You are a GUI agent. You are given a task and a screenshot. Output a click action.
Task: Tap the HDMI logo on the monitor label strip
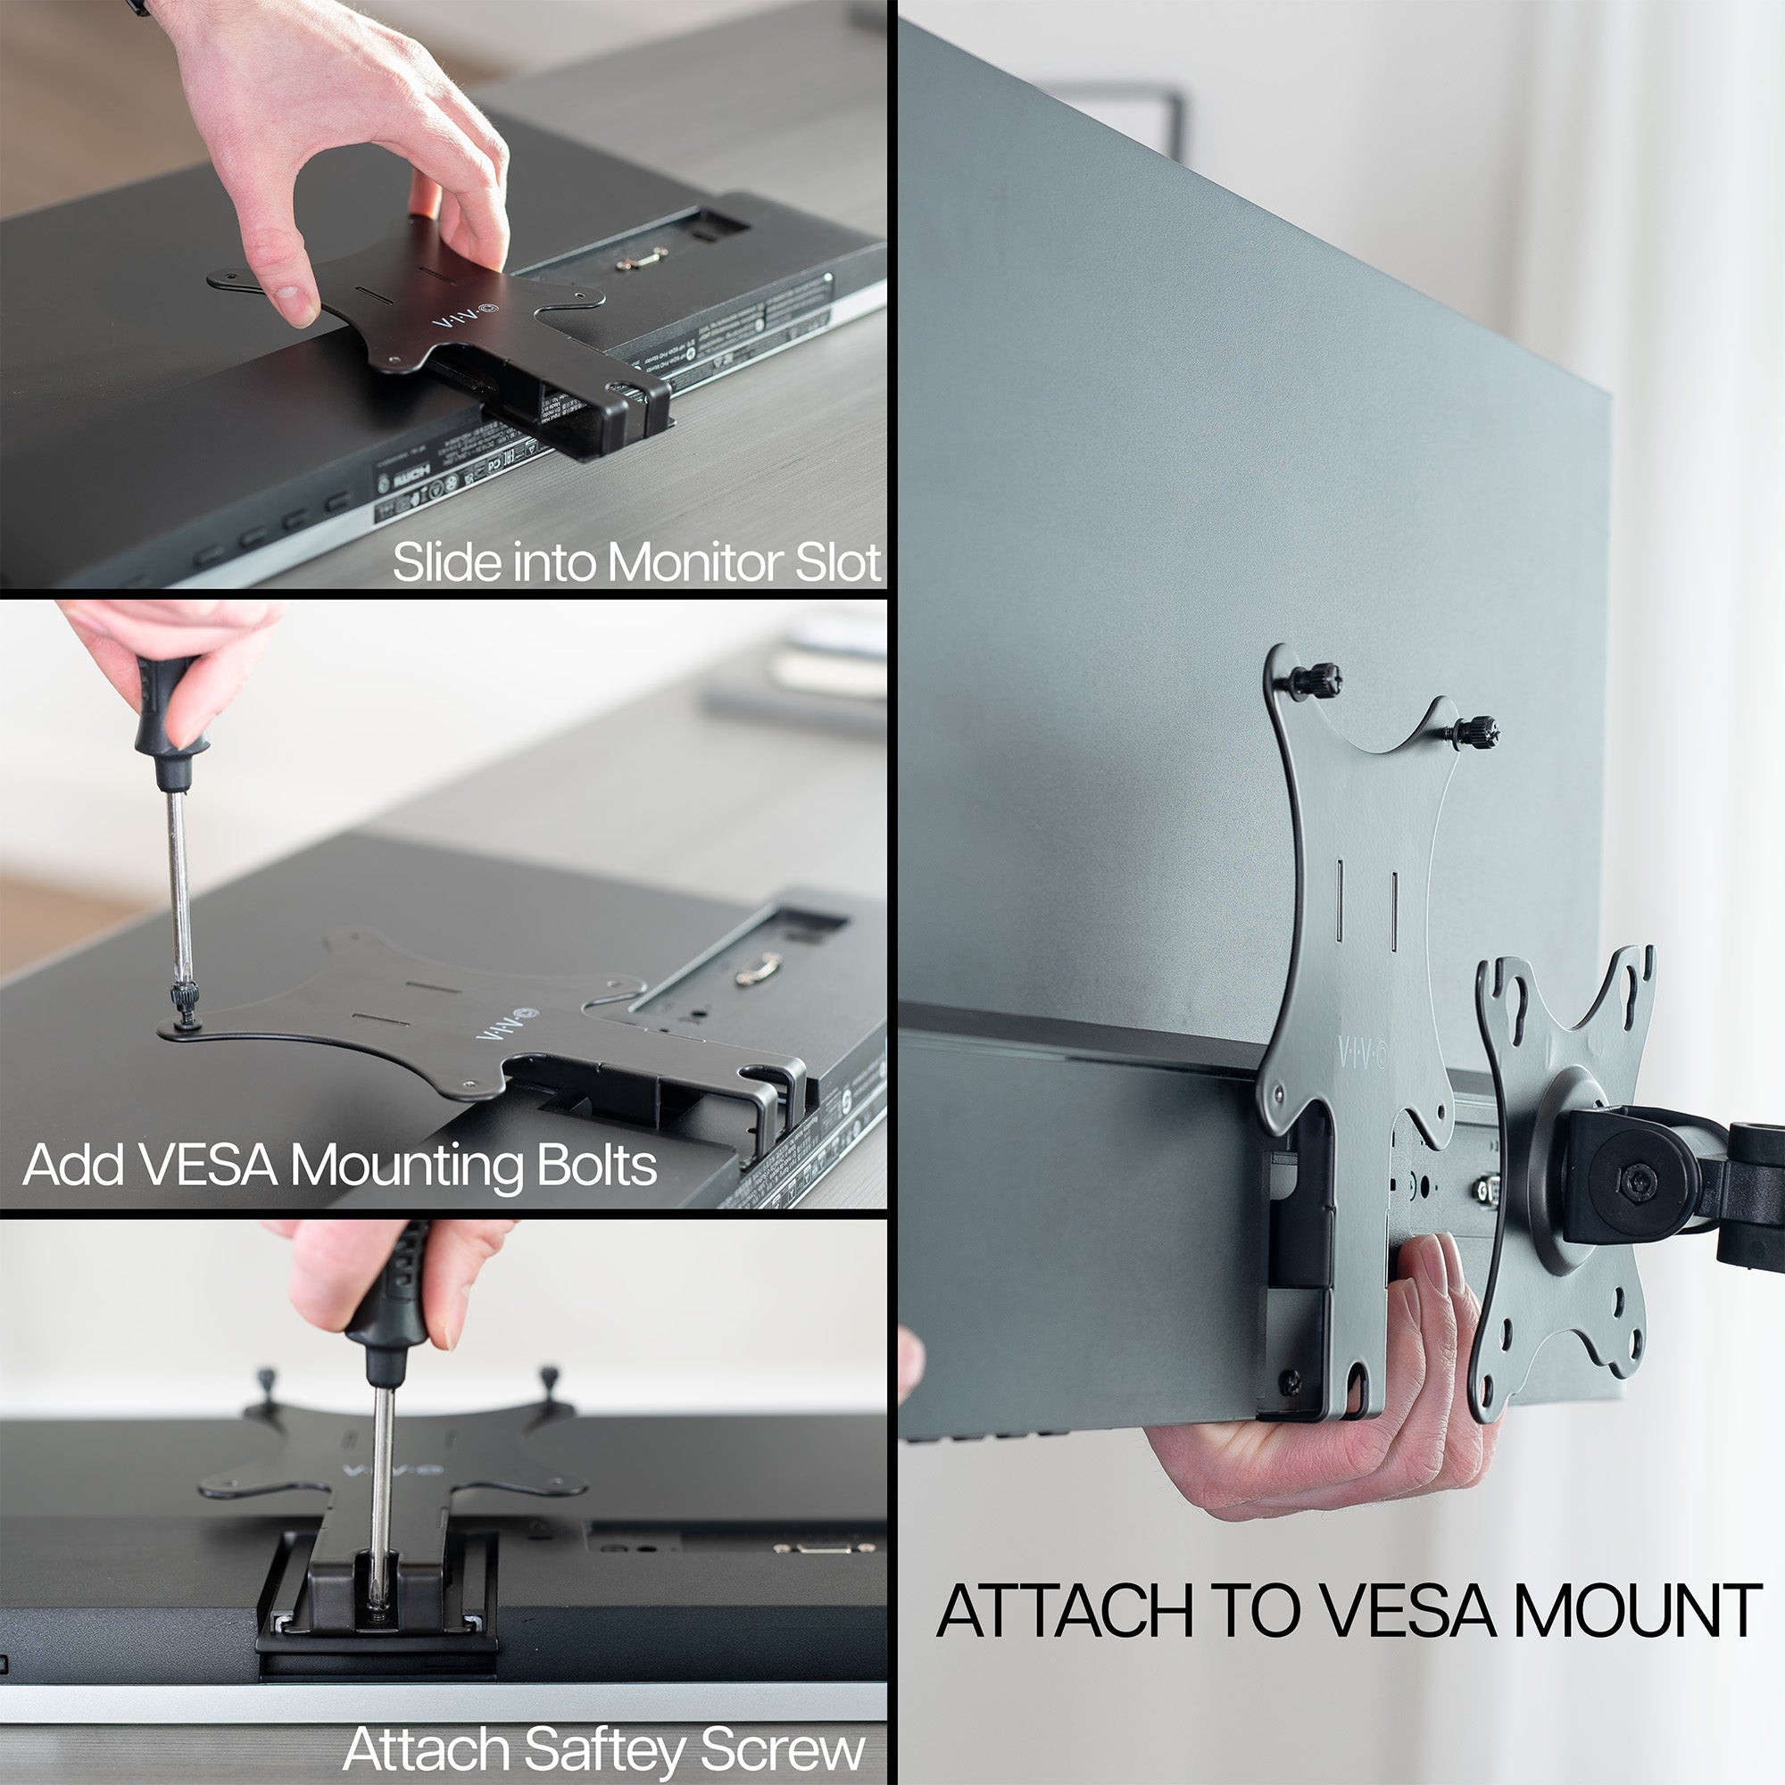[403, 478]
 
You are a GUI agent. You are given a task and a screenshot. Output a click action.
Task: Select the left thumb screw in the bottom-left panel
[264, 1383]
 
